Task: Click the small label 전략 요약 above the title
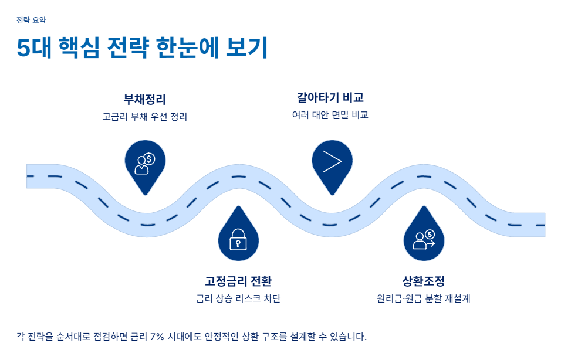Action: [31, 20]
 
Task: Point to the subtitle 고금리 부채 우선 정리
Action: [144, 116]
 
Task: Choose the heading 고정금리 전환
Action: [238, 281]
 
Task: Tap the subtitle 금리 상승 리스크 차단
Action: [238, 298]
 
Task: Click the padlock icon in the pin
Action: [238, 239]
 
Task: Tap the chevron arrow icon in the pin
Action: [332, 162]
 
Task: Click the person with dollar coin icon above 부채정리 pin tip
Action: [145, 163]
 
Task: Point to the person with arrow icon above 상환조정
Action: [424, 239]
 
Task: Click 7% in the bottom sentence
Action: [157, 337]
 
